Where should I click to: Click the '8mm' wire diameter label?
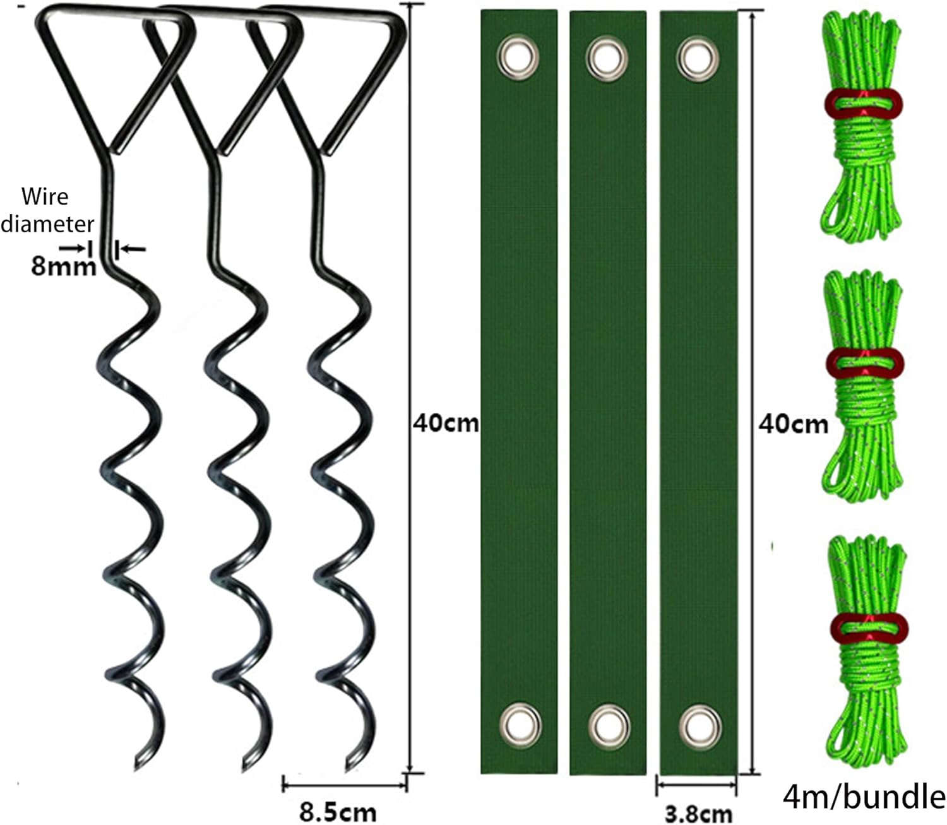64,267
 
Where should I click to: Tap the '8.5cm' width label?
338,810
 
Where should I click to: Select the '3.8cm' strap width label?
700,814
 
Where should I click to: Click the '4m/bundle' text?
864,797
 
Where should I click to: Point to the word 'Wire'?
45,196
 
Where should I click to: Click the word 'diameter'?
47,223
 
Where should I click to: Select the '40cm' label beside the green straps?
793,424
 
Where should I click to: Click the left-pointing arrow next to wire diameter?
133,250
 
